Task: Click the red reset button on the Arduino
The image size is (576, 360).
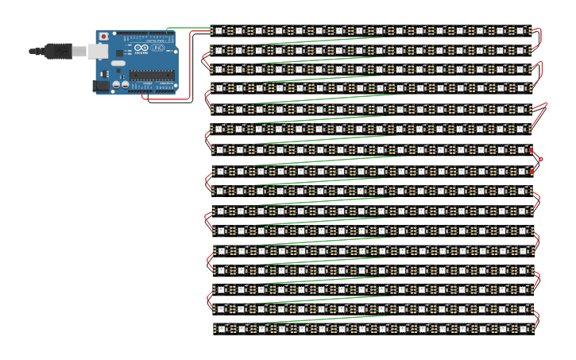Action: [102, 37]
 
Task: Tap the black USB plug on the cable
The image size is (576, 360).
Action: [58, 51]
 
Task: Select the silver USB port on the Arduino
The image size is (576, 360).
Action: [97, 52]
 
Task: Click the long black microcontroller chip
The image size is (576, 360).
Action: [152, 75]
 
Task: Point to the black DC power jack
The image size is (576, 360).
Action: [100, 85]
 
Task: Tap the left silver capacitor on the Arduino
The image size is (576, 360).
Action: [116, 83]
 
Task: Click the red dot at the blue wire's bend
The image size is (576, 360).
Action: [541, 160]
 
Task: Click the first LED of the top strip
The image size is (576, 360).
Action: [219, 31]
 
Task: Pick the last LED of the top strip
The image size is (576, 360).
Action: [521, 31]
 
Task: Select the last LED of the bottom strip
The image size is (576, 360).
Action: [521, 328]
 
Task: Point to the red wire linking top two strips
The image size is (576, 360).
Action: [539, 38]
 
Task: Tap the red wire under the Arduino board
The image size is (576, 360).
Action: [167, 99]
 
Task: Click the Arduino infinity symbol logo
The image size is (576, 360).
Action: [141, 48]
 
